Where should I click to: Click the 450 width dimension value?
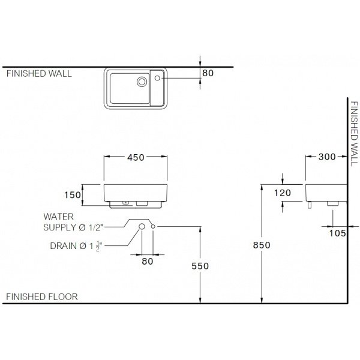pos(136,157)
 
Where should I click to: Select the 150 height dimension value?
pos(73,195)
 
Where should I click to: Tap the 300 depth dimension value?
pos(327,157)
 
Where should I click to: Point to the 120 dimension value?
pos(283,193)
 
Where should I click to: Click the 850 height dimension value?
pos(262,245)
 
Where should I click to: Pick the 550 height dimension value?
pos(200,266)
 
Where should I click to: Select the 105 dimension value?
pos(337,233)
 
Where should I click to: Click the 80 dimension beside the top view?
pos(208,73)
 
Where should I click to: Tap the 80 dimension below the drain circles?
pos(148,261)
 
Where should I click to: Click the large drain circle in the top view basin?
pos(142,82)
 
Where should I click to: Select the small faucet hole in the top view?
pos(157,78)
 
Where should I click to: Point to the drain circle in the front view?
pos(142,227)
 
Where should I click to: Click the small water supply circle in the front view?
pos(153,227)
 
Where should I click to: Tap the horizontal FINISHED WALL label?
pos(39,73)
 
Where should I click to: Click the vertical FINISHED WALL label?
pos(354,134)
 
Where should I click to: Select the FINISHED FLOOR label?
pos(42,297)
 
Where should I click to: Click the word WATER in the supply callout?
pos(59,217)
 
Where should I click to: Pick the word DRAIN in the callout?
pos(64,246)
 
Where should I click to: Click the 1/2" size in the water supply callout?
pos(95,227)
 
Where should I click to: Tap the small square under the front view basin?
pos(125,203)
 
